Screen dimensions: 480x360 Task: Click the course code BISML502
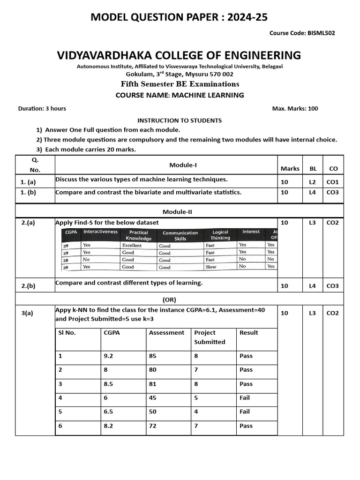tap(321, 33)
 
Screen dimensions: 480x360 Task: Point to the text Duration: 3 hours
tap(42, 108)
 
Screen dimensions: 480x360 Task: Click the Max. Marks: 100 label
tap(295, 108)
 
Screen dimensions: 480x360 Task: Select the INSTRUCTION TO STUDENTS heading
tap(180, 120)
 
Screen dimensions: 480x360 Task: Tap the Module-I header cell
tap(180, 165)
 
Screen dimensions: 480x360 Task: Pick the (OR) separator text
tap(169, 300)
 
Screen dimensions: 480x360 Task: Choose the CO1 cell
tap(332, 181)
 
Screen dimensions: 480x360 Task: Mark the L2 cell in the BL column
tap(313, 181)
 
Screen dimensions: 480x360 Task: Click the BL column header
tap(313, 168)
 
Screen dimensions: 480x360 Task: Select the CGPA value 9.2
tap(108, 356)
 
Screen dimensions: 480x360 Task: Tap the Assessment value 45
tap(153, 397)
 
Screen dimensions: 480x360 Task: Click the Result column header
tap(248, 332)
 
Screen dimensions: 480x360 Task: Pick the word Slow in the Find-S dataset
tap(211, 267)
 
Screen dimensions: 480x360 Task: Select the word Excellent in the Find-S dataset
tap(132, 245)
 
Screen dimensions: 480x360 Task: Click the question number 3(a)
tap(27, 313)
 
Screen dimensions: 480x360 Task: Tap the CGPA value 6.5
tap(108, 412)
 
